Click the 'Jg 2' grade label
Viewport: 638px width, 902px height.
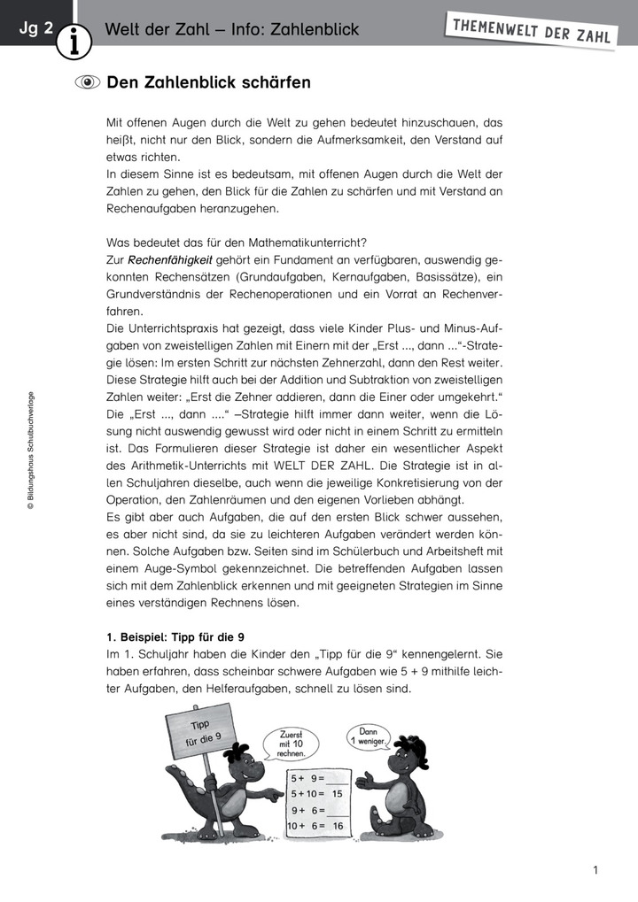point(35,29)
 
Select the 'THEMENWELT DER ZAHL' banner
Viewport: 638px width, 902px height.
point(532,31)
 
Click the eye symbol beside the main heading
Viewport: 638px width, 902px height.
point(88,83)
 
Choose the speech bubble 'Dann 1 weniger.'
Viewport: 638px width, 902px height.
point(368,734)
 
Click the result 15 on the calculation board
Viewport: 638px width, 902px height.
point(337,794)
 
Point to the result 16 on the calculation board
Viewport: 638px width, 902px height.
point(337,826)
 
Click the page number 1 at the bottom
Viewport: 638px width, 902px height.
point(596,870)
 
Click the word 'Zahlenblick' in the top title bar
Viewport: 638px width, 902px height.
point(315,30)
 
